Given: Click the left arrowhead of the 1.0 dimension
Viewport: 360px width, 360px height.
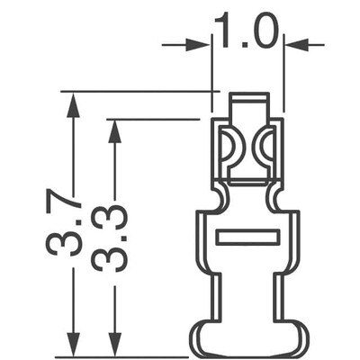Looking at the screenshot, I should click(201, 43).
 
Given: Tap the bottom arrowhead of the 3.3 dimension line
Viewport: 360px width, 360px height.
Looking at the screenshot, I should click(113, 346).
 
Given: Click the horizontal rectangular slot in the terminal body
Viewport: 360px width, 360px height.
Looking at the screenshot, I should click(247, 238).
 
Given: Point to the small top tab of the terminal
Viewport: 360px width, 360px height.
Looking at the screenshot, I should click(248, 104).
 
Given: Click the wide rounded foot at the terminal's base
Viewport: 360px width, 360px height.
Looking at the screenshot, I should click(248, 339).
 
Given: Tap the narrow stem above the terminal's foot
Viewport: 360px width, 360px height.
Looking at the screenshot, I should click(248, 297).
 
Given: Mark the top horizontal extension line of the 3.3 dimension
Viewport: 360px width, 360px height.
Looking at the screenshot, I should click(153, 119).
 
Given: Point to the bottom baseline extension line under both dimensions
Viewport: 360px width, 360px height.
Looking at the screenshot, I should click(126, 357).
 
